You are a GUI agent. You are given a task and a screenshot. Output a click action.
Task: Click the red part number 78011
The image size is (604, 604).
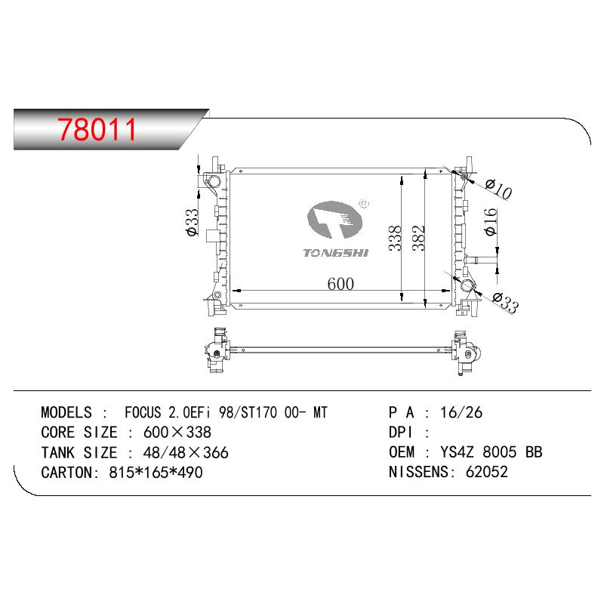(x=97, y=129)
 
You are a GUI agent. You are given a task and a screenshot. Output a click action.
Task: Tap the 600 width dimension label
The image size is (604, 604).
(x=341, y=284)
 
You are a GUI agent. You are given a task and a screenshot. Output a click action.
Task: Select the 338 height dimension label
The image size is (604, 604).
(x=395, y=239)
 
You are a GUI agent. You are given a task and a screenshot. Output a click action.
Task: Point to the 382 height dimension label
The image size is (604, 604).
(x=418, y=238)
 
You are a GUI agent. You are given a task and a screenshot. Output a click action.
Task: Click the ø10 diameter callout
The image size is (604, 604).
(x=498, y=190)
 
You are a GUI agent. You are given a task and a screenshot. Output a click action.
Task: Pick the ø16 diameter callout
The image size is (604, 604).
(x=490, y=222)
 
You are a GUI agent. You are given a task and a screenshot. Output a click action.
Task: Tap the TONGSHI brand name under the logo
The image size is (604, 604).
(x=335, y=253)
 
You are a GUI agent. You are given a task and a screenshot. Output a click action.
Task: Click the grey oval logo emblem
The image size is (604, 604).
(x=334, y=219)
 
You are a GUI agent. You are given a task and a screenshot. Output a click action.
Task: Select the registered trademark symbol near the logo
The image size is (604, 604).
(x=364, y=203)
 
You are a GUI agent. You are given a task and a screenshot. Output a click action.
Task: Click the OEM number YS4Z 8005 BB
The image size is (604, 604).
(x=492, y=451)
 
